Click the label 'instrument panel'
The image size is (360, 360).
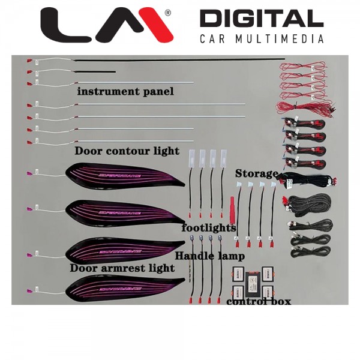125,92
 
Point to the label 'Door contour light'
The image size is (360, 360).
127,151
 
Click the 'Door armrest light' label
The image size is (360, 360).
122,268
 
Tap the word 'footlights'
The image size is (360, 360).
209,228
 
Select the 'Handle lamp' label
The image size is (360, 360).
209,256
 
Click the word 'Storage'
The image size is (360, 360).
256,173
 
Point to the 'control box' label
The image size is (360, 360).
259,301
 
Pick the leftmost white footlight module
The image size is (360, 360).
192,157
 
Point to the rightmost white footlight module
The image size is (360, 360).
224,157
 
